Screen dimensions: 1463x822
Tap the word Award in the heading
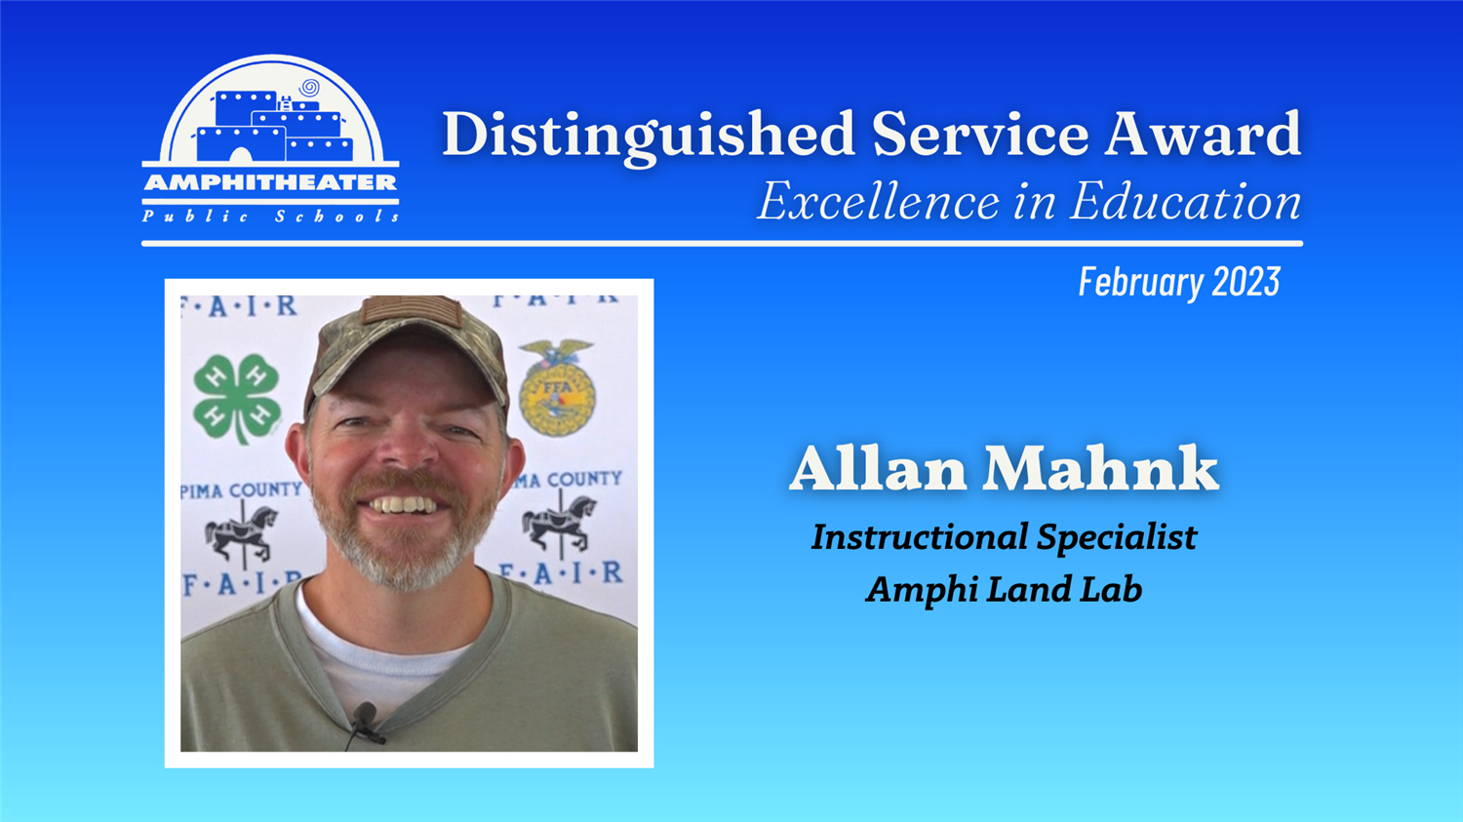point(1203,134)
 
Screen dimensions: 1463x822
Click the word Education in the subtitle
point(1185,202)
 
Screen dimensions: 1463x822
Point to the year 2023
point(1246,282)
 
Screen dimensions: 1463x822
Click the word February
point(1141,283)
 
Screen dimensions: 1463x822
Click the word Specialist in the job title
point(1117,538)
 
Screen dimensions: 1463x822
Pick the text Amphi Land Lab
point(1004,589)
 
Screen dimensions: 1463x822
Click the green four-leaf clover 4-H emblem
point(237,397)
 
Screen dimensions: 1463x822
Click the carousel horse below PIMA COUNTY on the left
point(242,533)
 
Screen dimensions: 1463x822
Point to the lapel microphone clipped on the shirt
point(365,723)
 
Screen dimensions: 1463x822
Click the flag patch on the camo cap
point(412,309)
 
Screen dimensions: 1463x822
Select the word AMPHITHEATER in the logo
point(270,182)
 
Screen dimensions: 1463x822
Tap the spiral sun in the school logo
point(309,87)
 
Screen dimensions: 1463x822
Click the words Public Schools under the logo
point(270,216)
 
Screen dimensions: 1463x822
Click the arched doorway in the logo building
point(240,155)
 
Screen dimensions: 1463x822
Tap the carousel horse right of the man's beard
point(559,524)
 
